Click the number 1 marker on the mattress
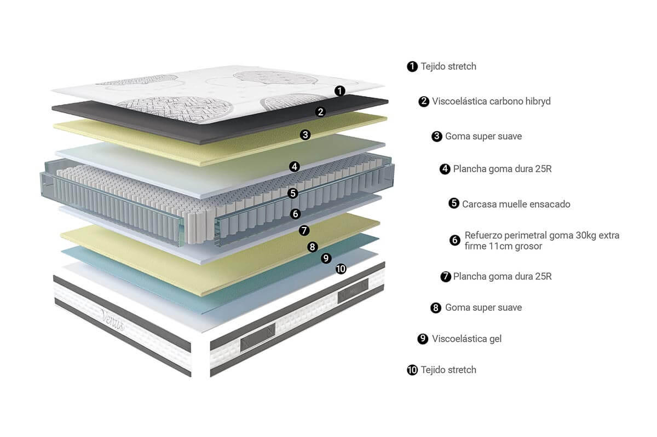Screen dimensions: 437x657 tap(340, 91)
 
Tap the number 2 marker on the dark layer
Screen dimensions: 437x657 tap(321, 112)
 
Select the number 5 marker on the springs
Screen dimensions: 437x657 tap(292, 193)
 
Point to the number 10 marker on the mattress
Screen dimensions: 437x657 tap(341, 269)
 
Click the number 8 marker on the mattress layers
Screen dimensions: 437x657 tap(312, 247)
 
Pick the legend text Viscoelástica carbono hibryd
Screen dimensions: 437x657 tap(491, 101)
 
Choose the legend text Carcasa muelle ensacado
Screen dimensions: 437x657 tap(516, 204)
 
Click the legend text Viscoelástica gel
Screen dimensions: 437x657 tap(466, 339)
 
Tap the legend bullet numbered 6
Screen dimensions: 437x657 tap(454, 240)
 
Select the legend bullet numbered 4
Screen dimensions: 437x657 tap(445, 169)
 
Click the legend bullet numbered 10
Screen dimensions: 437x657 tap(412, 370)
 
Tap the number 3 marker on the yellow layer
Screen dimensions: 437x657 tap(306, 134)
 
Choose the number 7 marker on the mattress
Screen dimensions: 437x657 tap(304, 230)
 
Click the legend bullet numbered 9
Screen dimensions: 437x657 tap(423, 339)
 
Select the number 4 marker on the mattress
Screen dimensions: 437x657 tap(295, 166)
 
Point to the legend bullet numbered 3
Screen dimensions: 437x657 tap(436, 136)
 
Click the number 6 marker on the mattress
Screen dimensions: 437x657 tap(295, 213)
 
